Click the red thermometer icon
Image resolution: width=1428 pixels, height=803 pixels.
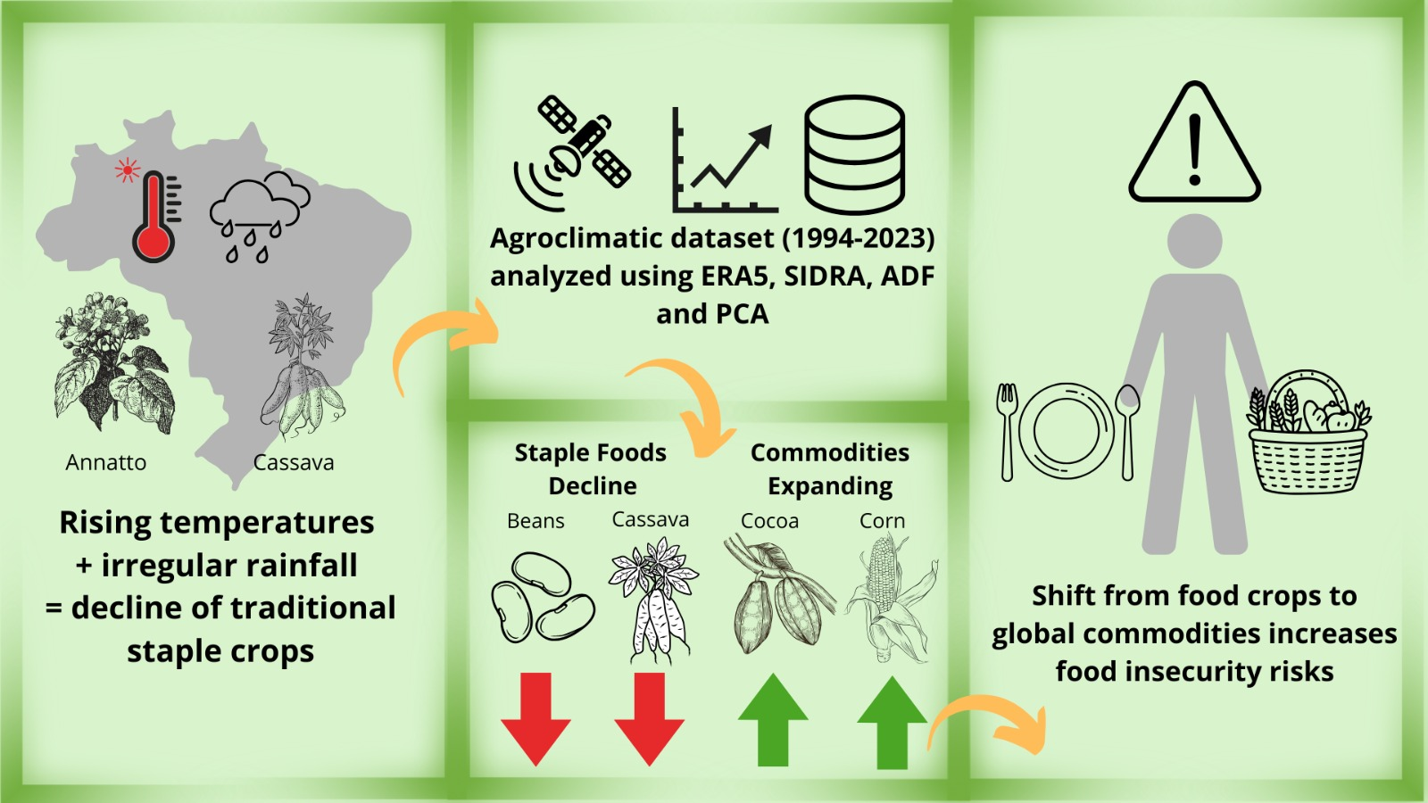point(154,219)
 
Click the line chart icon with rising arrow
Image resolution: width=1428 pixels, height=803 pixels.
point(724,161)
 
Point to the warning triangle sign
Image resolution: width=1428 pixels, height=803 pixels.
point(1194,145)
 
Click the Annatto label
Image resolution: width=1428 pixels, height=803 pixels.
point(105,462)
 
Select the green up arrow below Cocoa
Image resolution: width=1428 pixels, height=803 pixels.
point(773,720)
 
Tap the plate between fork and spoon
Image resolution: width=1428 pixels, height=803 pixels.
point(1066,431)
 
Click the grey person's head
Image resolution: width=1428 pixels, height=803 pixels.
point(1194,241)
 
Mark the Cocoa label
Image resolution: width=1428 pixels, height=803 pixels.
point(769,521)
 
